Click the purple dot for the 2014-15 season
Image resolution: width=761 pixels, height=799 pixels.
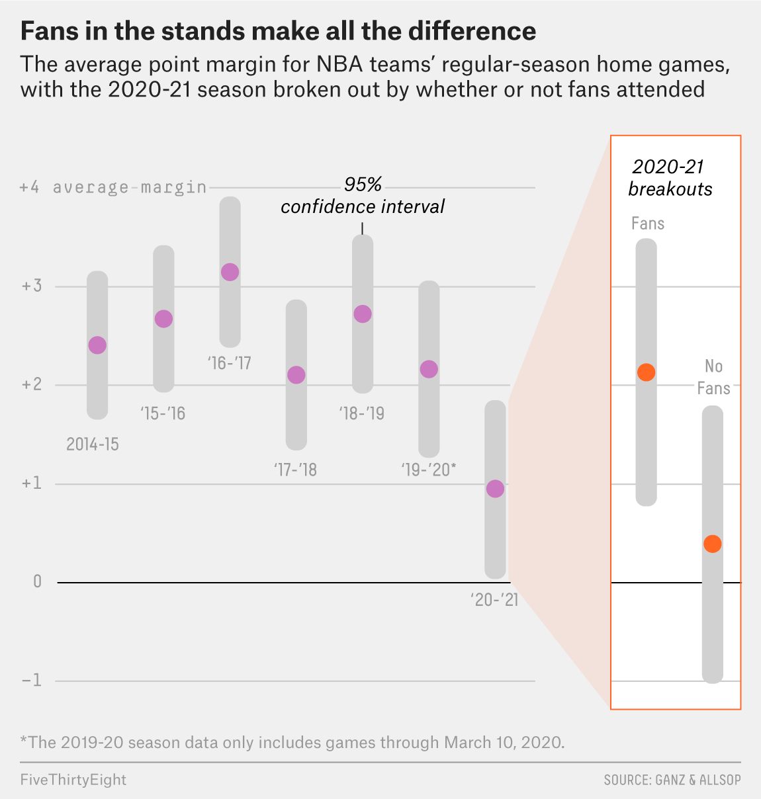click(x=97, y=345)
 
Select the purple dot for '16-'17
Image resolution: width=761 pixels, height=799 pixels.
click(x=230, y=272)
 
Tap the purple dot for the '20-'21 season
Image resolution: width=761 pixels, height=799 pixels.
click(x=495, y=489)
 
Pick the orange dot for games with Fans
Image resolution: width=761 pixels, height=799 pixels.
click(x=646, y=372)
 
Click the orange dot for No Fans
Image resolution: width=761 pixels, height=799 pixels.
click(x=712, y=544)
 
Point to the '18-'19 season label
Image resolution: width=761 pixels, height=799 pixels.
click(x=361, y=414)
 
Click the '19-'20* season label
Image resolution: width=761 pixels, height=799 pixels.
click(x=428, y=470)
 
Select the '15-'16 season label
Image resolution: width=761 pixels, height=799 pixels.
click(x=163, y=414)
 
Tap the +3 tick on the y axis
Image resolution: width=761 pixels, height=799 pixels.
click(x=31, y=286)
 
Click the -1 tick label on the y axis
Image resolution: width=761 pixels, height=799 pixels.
click(x=31, y=680)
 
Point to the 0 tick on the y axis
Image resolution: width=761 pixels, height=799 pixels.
click(x=37, y=581)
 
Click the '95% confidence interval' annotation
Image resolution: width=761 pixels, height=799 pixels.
click(x=363, y=196)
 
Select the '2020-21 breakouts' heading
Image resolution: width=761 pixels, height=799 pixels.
click(x=670, y=178)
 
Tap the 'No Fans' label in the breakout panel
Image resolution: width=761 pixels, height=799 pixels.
click(x=713, y=377)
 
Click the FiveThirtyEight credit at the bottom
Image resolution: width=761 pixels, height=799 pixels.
click(x=73, y=780)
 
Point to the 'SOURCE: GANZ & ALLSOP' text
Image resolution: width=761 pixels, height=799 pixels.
click(x=672, y=780)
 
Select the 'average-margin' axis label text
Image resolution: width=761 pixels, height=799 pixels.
click(x=130, y=187)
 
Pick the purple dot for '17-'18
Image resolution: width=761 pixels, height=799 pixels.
click(x=296, y=375)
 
